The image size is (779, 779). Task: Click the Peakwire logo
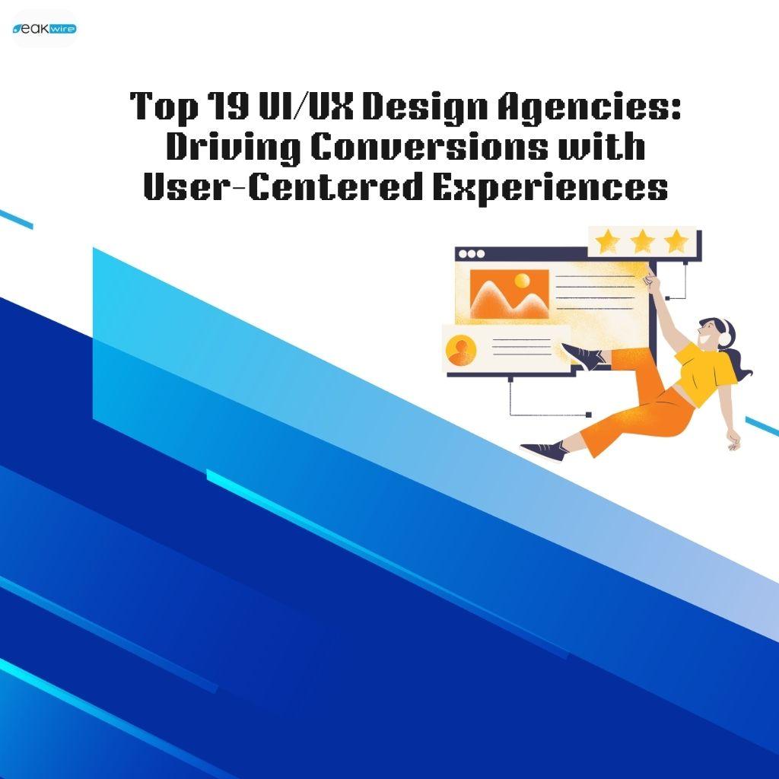click(44, 29)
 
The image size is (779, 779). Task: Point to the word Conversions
click(428, 146)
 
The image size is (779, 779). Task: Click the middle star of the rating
click(643, 242)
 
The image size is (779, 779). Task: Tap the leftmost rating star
click(608, 242)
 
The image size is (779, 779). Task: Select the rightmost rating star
click(676, 242)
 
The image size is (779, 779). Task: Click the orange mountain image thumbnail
click(509, 294)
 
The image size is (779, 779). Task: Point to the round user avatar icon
click(461, 350)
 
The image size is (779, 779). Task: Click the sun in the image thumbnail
click(522, 281)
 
